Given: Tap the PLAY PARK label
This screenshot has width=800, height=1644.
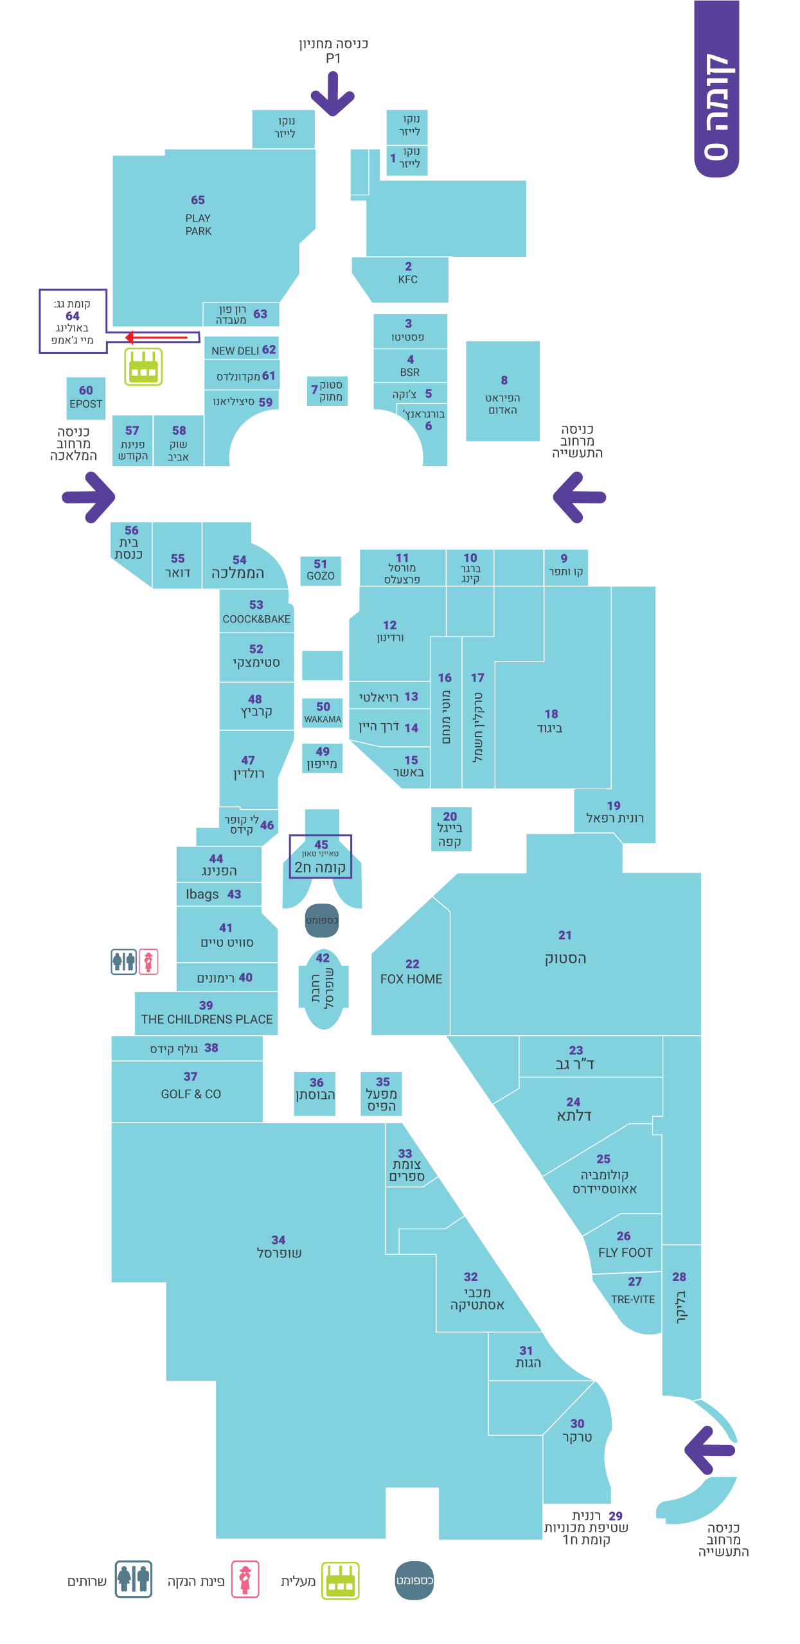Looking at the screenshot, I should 198,224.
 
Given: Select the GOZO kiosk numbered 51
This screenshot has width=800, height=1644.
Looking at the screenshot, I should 320,570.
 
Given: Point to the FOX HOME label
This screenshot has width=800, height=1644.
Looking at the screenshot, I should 411,979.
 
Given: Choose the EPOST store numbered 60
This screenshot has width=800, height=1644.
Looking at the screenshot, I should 85,398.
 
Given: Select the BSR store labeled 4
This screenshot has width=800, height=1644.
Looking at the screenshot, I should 409,366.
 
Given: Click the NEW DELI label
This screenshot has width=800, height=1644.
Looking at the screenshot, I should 235,351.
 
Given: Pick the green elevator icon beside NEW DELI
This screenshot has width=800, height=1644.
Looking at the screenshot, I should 143,366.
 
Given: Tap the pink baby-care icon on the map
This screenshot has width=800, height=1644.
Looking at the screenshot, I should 148,961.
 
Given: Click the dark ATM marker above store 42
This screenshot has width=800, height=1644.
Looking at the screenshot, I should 321,920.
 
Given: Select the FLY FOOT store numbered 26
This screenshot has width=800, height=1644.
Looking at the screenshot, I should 624,1245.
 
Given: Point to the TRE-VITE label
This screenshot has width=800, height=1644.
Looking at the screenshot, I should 632,1299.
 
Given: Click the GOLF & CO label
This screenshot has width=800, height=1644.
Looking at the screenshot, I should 190,1094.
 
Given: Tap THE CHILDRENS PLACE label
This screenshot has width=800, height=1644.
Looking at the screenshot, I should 206,1019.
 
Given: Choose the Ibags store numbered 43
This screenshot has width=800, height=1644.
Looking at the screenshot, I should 213,894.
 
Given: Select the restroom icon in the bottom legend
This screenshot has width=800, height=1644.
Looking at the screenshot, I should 133,1579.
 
